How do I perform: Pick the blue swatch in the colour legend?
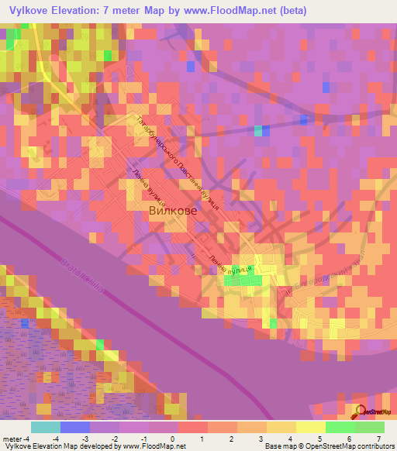pyautogui.click(x=74, y=427)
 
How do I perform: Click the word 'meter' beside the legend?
pyautogui.click(x=13, y=439)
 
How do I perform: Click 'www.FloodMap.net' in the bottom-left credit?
pyautogui.click(x=152, y=446)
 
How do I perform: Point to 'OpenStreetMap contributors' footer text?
pyautogui.click(x=349, y=446)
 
